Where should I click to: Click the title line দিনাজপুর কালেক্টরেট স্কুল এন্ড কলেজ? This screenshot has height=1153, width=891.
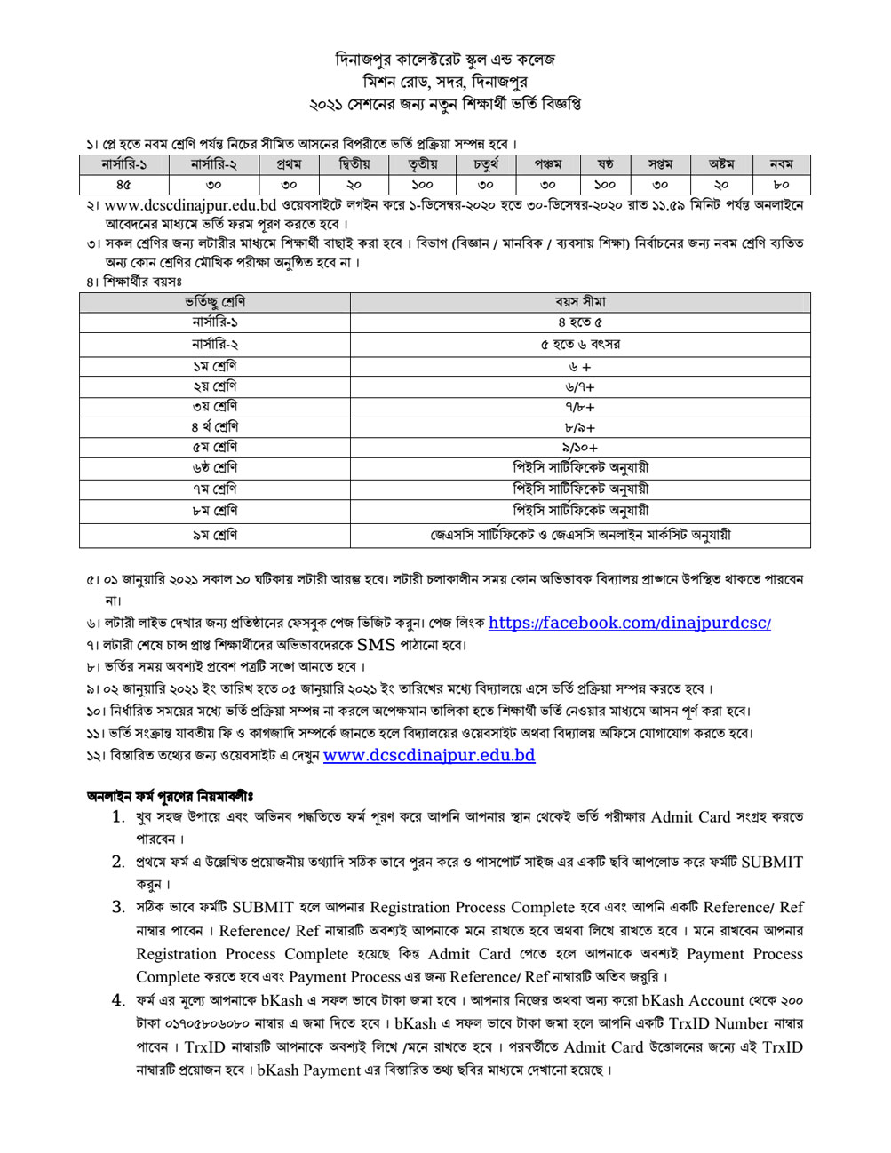[445, 60]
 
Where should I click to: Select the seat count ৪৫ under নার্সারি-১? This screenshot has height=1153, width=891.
[123, 185]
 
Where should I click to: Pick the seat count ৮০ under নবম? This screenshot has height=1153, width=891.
[781, 185]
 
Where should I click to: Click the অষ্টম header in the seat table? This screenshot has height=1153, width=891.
[721, 164]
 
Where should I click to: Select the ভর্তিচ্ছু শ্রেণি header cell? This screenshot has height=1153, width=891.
[214, 302]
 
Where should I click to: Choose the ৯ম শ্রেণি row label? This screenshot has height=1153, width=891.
[214, 535]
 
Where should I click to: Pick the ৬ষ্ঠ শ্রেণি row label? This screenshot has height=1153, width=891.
[214, 468]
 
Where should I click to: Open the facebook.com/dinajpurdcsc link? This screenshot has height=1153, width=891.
[629, 623]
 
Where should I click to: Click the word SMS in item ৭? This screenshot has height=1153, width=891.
[377, 645]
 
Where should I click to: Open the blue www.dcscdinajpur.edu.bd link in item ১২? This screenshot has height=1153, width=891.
[429, 756]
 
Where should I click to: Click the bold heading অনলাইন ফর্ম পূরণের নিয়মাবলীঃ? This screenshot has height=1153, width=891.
[170, 795]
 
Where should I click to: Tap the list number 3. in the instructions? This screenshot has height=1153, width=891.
[118, 907]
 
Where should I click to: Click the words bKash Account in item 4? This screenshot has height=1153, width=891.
[693, 1000]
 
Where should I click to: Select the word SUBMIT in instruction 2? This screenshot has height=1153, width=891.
[772, 862]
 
